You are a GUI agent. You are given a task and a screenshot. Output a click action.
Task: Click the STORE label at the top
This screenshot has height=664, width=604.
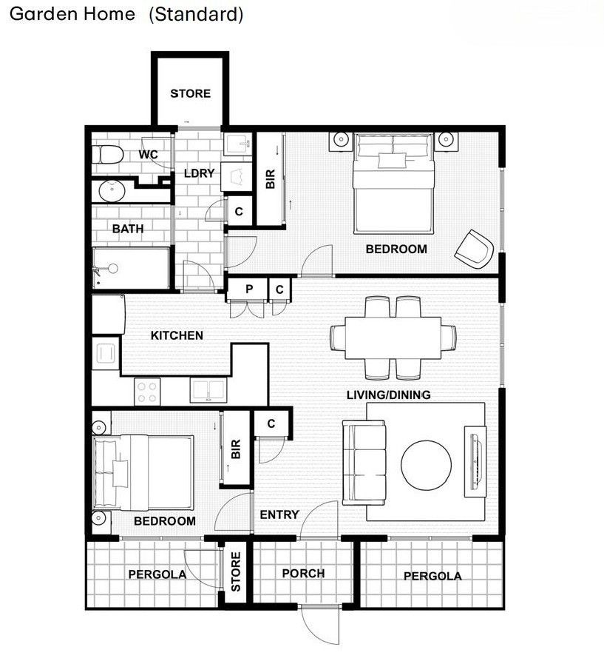point(190,93)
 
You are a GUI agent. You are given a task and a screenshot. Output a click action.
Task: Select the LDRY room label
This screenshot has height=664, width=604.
point(199,173)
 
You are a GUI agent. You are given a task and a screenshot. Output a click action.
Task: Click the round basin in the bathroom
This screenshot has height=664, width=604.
point(112,191)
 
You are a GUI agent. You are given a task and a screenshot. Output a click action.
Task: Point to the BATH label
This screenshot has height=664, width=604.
point(128,229)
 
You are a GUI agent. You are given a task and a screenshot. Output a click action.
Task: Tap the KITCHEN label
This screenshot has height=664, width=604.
point(177,335)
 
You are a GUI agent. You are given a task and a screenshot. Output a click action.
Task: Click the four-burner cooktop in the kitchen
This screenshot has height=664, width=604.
point(147,390)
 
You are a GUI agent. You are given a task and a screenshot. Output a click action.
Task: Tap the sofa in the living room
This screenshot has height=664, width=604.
point(362,461)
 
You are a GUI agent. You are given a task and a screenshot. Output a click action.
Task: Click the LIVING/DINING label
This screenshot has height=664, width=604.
point(388,395)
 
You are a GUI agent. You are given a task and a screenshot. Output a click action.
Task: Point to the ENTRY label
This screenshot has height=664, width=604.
point(279,514)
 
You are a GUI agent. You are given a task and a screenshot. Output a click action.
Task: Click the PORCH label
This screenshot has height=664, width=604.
point(303,573)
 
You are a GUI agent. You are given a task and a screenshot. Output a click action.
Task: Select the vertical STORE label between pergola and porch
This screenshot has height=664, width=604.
point(236,572)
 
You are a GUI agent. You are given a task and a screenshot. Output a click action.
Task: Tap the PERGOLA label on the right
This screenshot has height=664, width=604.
point(432,576)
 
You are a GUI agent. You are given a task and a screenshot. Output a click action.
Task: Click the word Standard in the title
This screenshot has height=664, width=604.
point(195,14)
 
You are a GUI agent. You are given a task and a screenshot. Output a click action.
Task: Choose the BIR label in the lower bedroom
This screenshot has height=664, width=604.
point(236,449)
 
